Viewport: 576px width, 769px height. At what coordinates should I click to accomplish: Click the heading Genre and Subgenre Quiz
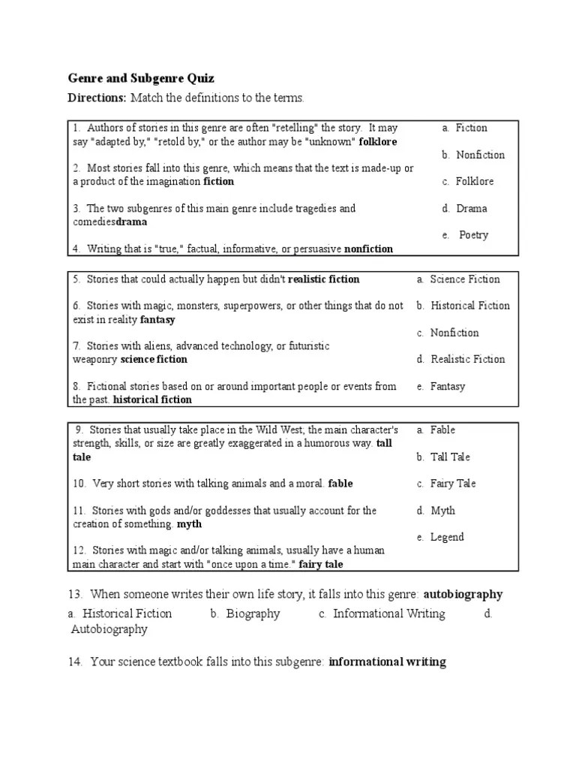coord(141,78)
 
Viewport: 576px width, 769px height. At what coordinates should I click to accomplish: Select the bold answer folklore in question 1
coord(377,141)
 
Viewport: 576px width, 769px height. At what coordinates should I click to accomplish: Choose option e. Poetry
coord(466,235)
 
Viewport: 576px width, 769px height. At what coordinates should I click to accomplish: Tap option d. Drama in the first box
coord(465,208)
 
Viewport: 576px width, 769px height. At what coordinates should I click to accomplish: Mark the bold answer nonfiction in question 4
coord(368,249)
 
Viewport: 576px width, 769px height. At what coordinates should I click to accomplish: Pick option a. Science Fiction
coord(458,279)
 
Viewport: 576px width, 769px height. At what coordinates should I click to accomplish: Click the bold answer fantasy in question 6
coord(157,319)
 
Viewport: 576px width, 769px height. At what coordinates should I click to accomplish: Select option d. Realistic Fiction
coord(461,359)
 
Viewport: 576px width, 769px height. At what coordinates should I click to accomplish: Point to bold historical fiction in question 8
coord(152,400)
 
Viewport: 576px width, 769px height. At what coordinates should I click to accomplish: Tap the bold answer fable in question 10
coord(340,484)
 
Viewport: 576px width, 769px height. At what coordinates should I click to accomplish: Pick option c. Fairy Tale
coord(447,484)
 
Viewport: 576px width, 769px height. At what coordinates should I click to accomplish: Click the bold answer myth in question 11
coord(189,523)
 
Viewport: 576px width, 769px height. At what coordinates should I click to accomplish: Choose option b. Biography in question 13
coord(245,614)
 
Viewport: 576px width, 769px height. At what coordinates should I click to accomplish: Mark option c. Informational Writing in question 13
coord(382,614)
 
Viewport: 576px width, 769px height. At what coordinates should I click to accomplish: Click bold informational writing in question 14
coord(387,662)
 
